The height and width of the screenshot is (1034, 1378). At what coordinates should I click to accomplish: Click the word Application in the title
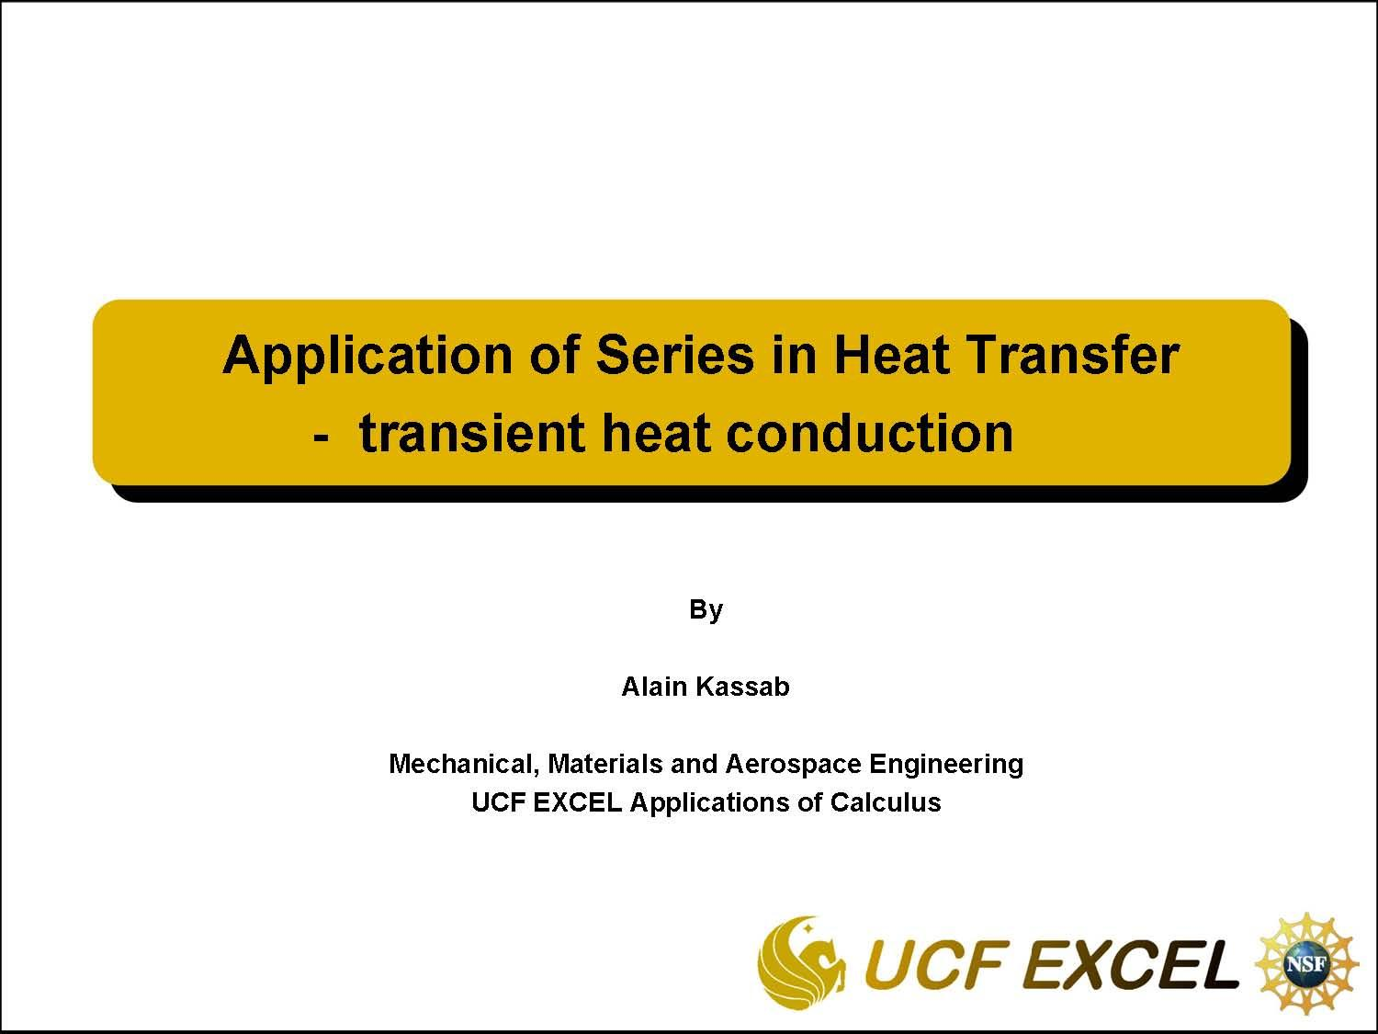click(x=367, y=356)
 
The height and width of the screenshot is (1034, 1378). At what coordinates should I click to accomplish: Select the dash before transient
click(x=321, y=434)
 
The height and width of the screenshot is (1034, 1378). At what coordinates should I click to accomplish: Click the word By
click(x=706, y=609)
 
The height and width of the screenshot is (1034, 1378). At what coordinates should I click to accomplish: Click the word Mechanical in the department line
click(x=462, y=764)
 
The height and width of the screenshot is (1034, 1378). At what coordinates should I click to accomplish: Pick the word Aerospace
click(x=793, y=764)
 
